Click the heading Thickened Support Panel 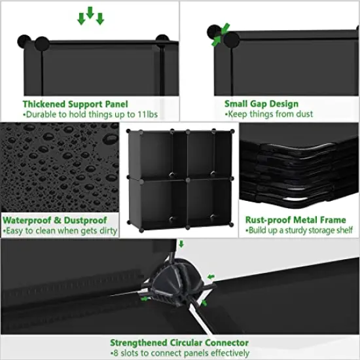[75, 103]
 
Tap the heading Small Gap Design [261, 103]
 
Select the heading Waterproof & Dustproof [55, 221]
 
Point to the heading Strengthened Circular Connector [179, 342]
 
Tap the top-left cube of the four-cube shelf [154, 153]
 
